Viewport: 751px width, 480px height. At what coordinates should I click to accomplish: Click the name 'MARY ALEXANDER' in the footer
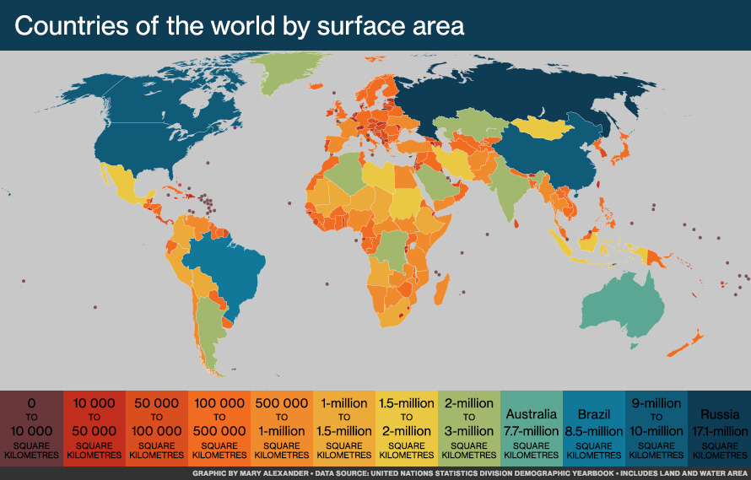[271, 473]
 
